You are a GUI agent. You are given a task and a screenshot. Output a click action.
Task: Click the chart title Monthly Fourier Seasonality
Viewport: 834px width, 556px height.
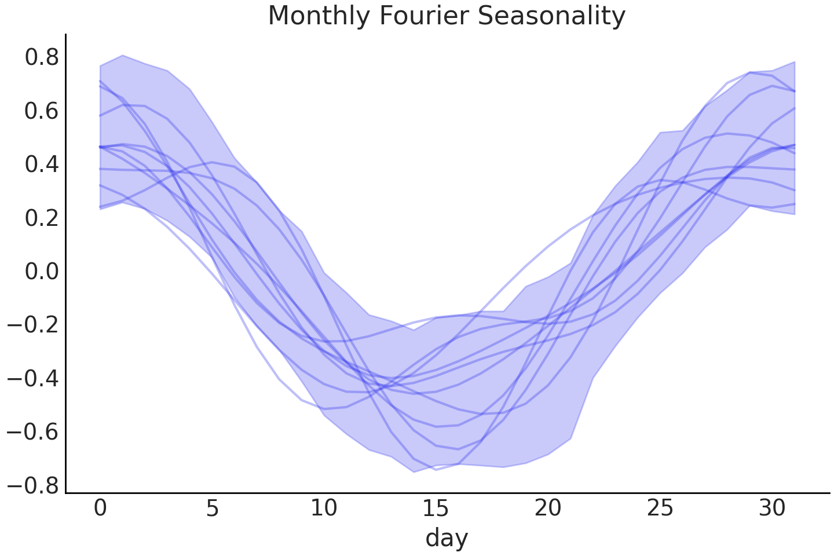pos(447,16)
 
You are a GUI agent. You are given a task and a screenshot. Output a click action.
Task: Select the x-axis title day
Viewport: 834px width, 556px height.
pos(447,538)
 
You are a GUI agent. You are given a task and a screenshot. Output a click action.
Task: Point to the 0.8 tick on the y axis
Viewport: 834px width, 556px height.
pos(41,58)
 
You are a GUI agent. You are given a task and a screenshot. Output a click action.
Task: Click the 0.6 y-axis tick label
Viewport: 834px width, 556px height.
pos(41,111)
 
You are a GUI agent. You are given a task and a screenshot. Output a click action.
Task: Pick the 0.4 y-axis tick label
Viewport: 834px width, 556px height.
pos(41,165)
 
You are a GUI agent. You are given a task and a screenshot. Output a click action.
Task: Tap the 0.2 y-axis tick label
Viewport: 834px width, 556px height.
pos(41,218)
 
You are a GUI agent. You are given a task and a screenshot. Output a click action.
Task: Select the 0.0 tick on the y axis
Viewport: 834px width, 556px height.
pos(41,272)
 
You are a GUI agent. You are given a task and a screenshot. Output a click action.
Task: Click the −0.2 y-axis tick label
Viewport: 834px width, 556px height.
pos(32,325)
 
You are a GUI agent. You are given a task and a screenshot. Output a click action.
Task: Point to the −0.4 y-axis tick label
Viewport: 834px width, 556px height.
pos(32,379)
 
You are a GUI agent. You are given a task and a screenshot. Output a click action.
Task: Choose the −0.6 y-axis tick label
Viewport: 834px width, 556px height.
pos(32,432)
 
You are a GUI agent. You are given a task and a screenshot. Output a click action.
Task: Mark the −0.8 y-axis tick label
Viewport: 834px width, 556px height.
pos(32,485)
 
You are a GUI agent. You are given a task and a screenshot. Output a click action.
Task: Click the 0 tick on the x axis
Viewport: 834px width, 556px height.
pos(100,509)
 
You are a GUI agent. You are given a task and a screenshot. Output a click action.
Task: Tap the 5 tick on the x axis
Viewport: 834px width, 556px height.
pos(212,509)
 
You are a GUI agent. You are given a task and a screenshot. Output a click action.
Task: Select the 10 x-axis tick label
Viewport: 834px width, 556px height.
pos(324,509)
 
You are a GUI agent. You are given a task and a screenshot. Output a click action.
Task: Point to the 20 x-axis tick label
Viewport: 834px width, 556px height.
pos(548,509)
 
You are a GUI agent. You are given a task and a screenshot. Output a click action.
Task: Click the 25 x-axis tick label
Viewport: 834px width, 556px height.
pos(660,509)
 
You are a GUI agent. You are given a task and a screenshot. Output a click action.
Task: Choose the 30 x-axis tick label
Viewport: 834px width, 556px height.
pos(771,509)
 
